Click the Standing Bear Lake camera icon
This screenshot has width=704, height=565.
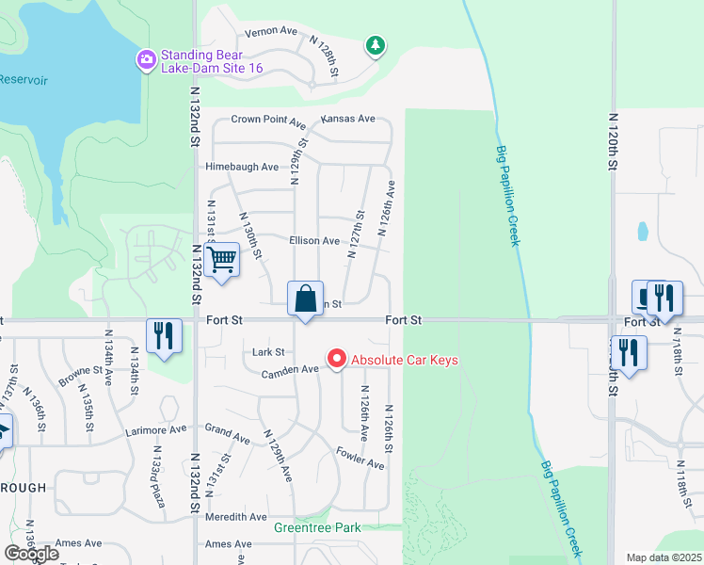click(x=146, y=60)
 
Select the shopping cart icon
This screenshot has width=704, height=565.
click(x=222, y=258)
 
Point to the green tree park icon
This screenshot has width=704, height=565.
click(x=376, y=45)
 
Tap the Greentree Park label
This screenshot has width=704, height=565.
click(x=317, y=528)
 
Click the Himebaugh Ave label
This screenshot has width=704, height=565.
click(x=242, y=167)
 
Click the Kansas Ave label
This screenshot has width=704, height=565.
click(x=347, y=120)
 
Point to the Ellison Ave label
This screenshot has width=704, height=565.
click(x=314, y=241)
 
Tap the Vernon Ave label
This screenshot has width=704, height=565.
click(x=271, y=31)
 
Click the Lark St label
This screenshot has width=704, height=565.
click(x=268, y=352)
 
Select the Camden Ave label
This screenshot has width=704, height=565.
click(x=291, y=370)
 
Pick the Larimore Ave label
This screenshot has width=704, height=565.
click(x=156, y=429)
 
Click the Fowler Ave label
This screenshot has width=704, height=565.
click(x=360, y=459)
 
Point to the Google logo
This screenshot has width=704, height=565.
click(x=32, y=554)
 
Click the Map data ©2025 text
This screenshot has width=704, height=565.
click(x=664, y=557)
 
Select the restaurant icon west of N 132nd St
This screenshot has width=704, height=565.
click(x=164, y=335)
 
